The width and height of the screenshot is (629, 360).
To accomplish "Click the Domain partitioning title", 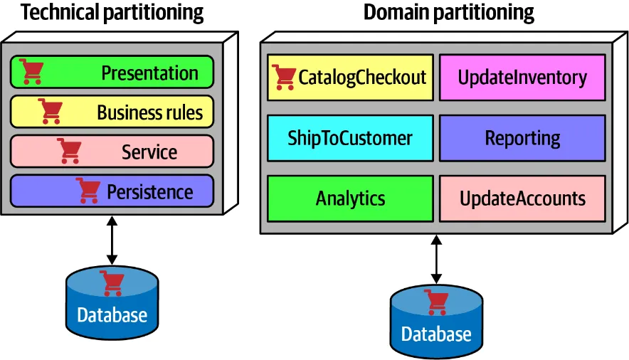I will tap(448, 13).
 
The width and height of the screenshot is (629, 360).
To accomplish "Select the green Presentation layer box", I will tap(112, 73).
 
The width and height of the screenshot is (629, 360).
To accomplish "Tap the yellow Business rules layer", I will tap(112, 112).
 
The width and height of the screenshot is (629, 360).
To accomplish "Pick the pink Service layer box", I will tap(112, 152).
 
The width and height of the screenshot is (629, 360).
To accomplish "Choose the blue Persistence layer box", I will tap(112, 191).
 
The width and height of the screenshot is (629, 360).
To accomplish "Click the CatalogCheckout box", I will tap(350, 77).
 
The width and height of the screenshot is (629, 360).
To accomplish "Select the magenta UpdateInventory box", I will tap(522, 77).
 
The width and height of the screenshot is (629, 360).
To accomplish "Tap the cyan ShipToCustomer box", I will tap(350, 137).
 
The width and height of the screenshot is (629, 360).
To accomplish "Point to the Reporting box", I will tap(522, 137).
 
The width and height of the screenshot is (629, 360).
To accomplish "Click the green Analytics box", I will tap(350, 198).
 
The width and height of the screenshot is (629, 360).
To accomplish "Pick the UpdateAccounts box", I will tap(522, 198).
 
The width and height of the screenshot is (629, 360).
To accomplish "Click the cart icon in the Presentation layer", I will tap(31, 71).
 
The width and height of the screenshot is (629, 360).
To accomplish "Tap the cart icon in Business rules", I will tap(51, 111).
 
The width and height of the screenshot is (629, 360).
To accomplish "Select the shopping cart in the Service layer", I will tap(70, 151).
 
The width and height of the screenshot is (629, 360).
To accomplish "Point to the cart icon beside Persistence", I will tap(88, 191).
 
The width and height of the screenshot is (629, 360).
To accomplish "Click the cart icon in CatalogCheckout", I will tap(284, 77).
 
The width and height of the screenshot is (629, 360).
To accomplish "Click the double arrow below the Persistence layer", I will tap(112, 242).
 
